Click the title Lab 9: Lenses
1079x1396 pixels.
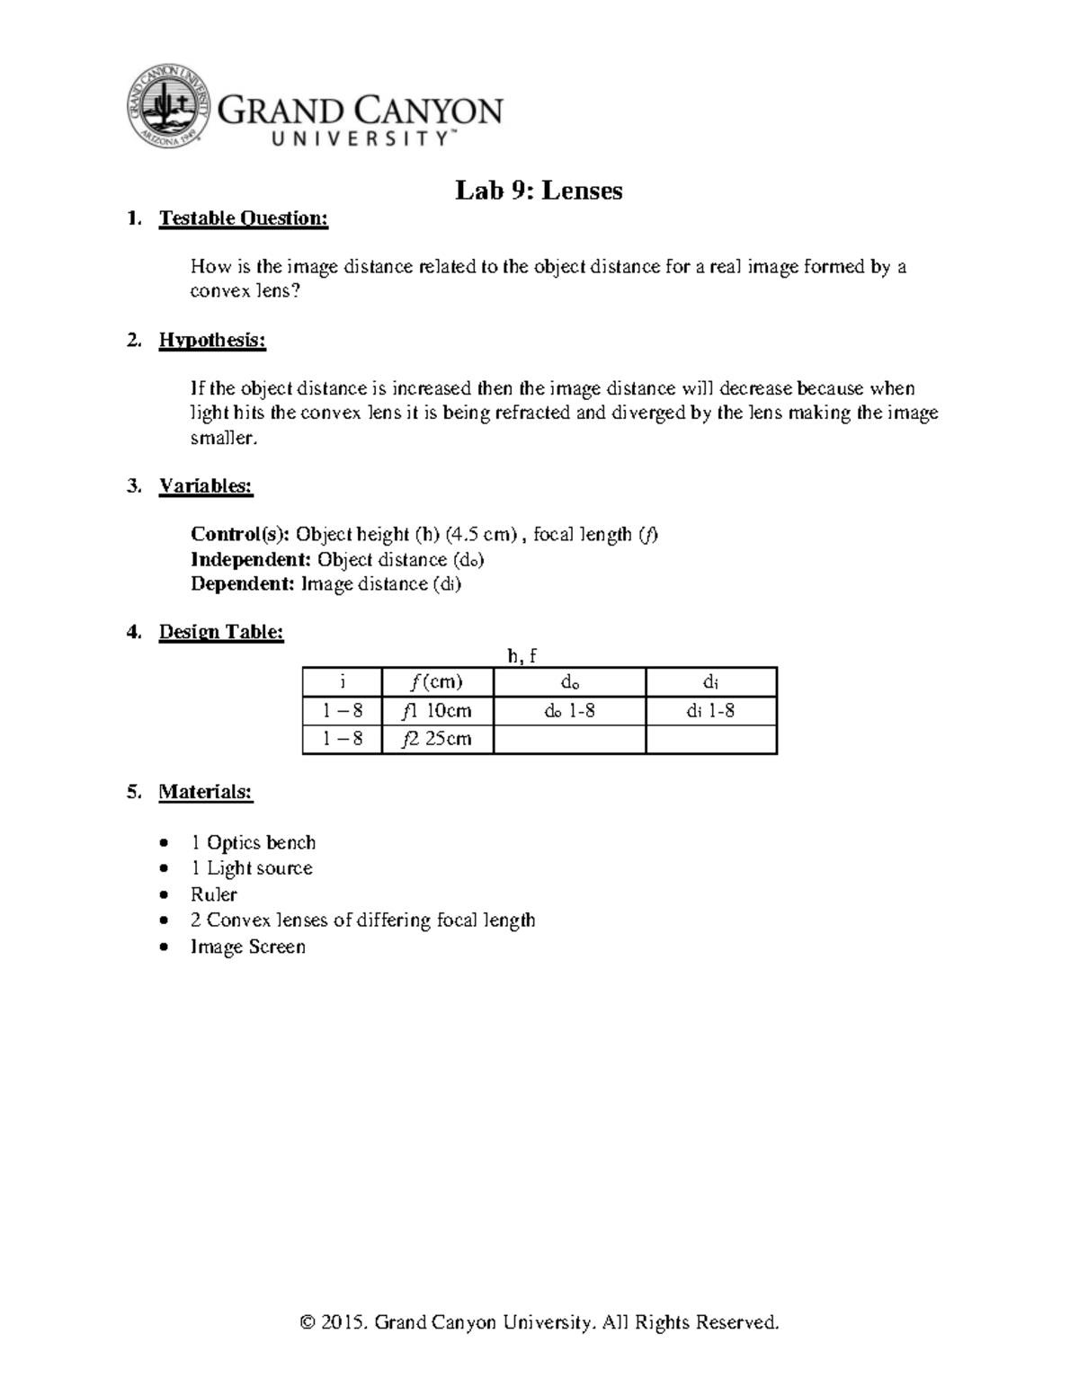(x=539, y=191)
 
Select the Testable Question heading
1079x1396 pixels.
(x=243, y=218)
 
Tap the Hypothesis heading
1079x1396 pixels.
(x=212, y=340)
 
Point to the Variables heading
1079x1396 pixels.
(x=205, y=486)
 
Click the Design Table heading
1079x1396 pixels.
(x=220, y=632)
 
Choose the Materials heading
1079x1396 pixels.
(x=205, y=792)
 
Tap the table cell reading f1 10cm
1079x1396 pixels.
(x=437, y=710)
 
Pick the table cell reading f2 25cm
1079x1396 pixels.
(x=437, y=739)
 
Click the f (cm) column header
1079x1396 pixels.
(x=437, y=681)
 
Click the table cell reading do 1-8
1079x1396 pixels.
(x=568, y=710)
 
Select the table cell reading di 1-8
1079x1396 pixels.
(x=710, y=710)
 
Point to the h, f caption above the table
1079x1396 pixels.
(x=522, y=655)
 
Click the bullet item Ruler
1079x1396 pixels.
(x=213, y=894)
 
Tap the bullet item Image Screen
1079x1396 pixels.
(x=247, y=947)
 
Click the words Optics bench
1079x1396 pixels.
(x=261, y=842)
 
